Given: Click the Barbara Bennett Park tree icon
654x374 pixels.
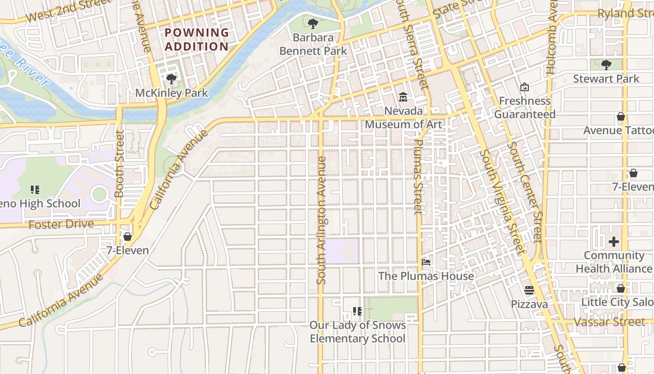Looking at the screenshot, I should tap(313, 23).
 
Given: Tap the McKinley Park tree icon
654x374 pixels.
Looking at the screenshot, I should tap(171, 79).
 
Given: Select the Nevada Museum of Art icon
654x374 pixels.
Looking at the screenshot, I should tap(403, 97).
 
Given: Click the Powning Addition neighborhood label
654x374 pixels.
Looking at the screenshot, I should tap(197, 40).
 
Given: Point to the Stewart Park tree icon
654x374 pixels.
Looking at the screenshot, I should tap(606, 65).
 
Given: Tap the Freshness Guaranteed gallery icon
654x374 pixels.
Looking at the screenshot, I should tap(525, 87).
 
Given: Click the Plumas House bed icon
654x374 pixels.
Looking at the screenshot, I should tap(426, 262).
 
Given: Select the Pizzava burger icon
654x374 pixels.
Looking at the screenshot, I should tap(529, 290).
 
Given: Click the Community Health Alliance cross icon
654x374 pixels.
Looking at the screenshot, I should tap(614, 242).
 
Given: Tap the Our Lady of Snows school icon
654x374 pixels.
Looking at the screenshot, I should tap(357, 311).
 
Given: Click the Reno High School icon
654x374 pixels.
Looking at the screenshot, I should tap(35, 190).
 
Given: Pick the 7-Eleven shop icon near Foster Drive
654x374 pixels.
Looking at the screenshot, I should tap(128, 237).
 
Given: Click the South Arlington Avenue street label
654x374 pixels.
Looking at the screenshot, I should tap(321, 220).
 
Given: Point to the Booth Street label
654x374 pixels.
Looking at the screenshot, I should tap(120, 164).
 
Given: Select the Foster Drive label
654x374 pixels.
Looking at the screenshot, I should tap(61, 224).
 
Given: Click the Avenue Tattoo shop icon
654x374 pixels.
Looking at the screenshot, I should tap(621, 116).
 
